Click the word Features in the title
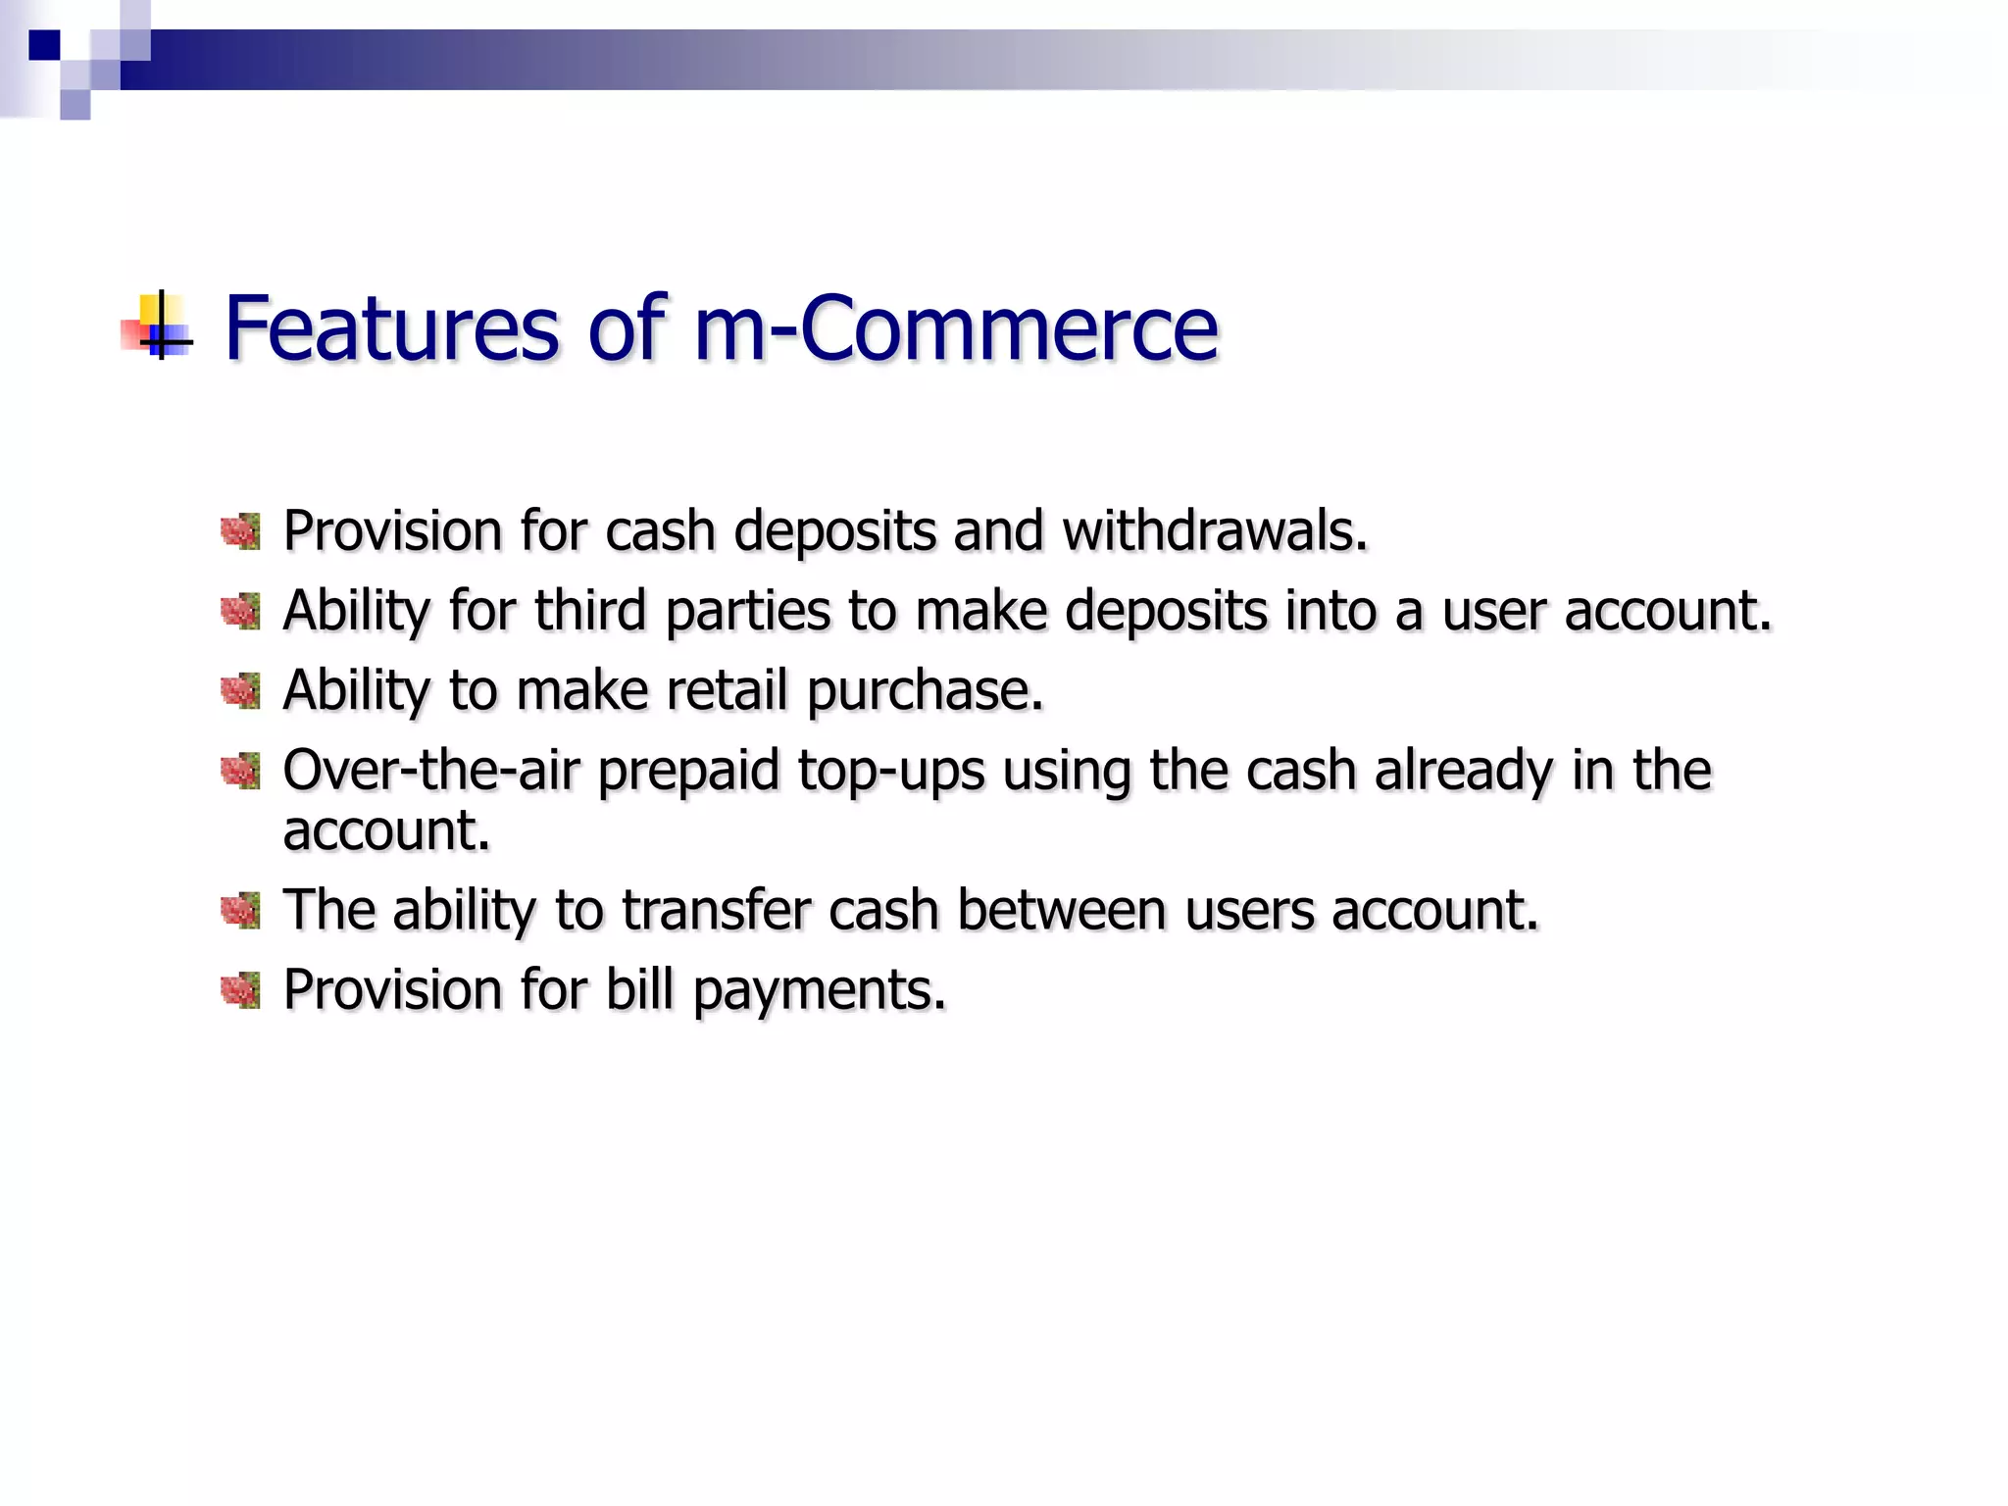click(x=391, y=328)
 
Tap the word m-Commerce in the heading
click(x=956, y=328)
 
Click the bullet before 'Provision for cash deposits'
click(x=241, y=532)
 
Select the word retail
click(x=727, y=691)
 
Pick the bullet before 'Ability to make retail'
click(x=241, y=691)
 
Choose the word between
click(x=1060, y=911)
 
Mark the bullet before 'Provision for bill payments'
click(x=241, y=990)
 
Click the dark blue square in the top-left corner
click(x=44, y=45)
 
